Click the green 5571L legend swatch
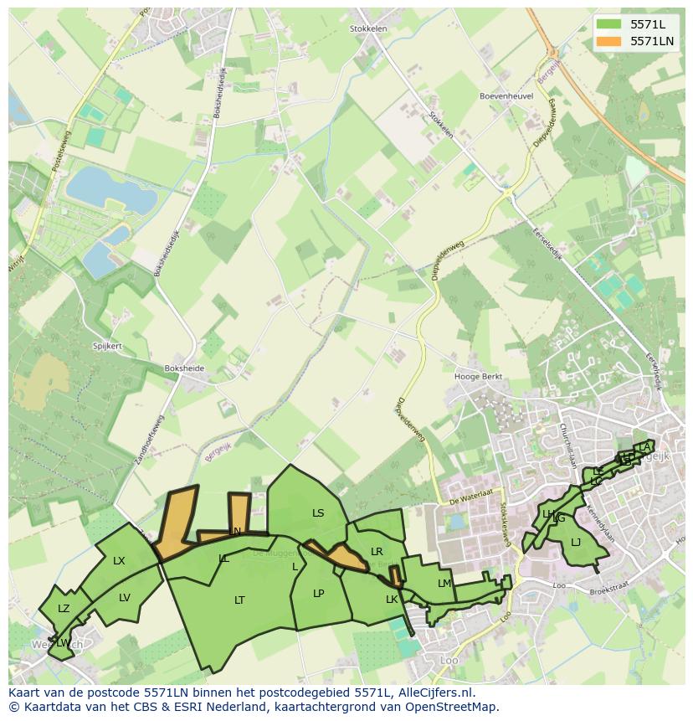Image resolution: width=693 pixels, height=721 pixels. [x=608, y=24]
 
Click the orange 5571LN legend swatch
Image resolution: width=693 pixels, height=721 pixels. [x=608, y=41]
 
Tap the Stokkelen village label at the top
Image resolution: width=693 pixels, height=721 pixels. [x=367, y=28]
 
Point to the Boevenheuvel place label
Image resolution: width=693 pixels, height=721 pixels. [x=506, y=96]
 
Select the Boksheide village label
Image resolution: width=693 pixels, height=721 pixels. [x=185, y=367]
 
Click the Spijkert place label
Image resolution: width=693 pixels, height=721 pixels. [x=107, y=346]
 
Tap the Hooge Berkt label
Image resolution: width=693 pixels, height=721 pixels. [x=478, y=377]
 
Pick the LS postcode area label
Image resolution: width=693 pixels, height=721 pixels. [x=318, y=513]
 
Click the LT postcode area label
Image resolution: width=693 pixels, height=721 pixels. [x=239, y=600]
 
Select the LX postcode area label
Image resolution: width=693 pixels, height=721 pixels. [x=119, y=561]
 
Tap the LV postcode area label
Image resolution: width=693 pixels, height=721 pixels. [x=125, y=597]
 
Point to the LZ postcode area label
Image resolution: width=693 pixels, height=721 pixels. [x=64, y=609]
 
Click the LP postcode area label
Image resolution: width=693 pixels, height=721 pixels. [x=318, y=594]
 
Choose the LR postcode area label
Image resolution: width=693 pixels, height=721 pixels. [x=377, y=552]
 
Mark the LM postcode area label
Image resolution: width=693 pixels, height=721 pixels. [x=444, y=584]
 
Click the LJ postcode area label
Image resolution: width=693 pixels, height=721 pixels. [x=576, y=543]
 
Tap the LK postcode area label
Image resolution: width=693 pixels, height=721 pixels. [x=391, y=600]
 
